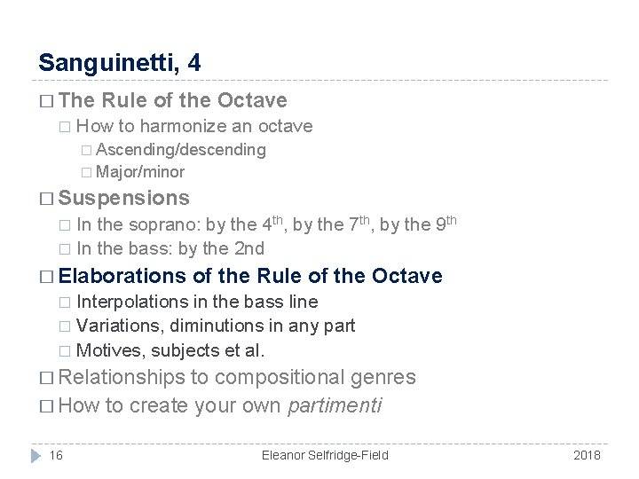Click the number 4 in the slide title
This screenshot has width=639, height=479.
(194, 63)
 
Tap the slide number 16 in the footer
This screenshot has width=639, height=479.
(56, 455)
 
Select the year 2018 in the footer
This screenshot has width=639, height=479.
(587, 455)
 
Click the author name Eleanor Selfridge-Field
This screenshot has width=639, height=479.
(325, 455)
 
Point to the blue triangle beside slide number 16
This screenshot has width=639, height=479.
(35, 455)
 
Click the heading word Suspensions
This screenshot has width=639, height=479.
(123, 198)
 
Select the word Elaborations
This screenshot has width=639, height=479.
(122, 276)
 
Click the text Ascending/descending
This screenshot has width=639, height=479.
(181, 150)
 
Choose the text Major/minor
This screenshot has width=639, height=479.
(140, 172)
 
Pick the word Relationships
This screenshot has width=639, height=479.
(128, 377)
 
